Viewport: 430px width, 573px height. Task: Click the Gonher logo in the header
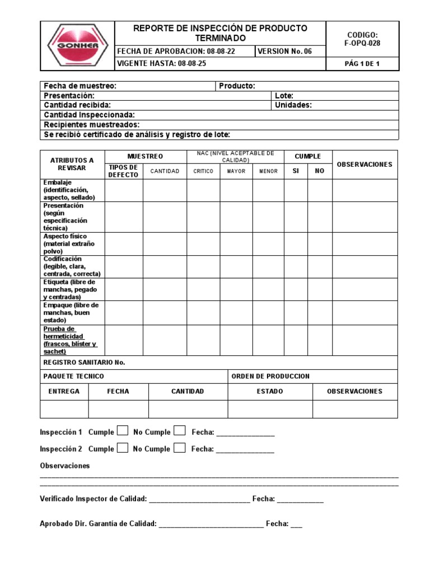77,46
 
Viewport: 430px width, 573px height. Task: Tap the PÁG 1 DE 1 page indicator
362,64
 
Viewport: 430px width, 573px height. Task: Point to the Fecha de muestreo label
80,86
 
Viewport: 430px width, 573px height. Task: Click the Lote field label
284,96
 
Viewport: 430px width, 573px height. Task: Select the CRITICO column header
203,171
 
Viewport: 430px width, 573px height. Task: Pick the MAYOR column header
236,171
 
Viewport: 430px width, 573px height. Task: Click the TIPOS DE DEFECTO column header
123,171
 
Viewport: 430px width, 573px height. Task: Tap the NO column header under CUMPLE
320,171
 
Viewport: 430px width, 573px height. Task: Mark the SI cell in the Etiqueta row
296,289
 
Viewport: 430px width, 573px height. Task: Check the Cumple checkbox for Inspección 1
123,431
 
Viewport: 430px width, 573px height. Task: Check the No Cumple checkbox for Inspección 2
179,448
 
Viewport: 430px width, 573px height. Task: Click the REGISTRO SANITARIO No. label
84,362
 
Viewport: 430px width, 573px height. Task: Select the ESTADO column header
270,391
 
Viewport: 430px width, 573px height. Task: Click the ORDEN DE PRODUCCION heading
270,376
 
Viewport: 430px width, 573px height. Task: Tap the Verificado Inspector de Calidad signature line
199,500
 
